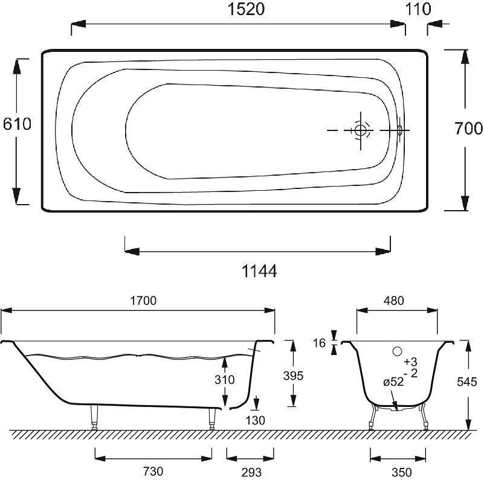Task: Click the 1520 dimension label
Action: point(246,9)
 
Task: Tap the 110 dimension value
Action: point(418,9)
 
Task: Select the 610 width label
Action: point(17,124)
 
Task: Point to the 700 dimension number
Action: point(468,129)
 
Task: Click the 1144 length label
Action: point(259,272)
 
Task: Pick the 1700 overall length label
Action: point(143,301)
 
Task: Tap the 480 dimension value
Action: point(394,301)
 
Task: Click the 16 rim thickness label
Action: point(319,343)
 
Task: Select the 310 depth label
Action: point(225,379)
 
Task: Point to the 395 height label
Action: point(293,376)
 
